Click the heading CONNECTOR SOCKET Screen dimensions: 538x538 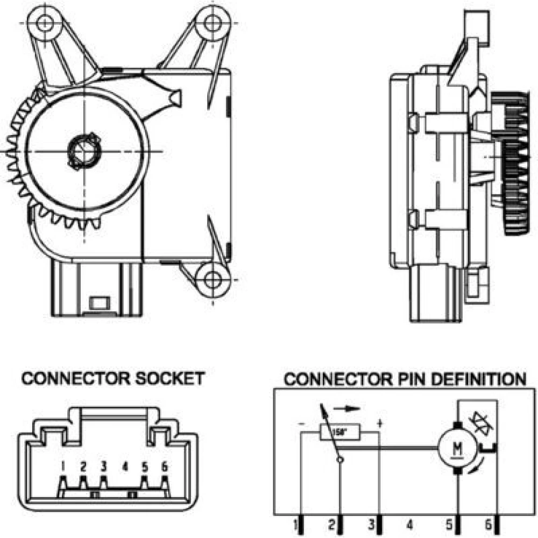coord(113,378)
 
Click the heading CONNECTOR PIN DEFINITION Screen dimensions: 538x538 coord(405,379)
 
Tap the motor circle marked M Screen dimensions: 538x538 coord(457,447)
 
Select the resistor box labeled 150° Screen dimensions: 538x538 coord(339,431)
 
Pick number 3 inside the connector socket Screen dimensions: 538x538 coord(104,466)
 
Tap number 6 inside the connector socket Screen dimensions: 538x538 coord(165,466)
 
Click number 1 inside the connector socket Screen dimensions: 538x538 coord(63,466)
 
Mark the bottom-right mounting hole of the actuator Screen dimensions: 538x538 coord(213,279)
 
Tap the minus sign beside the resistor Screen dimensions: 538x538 coord(302,424)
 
